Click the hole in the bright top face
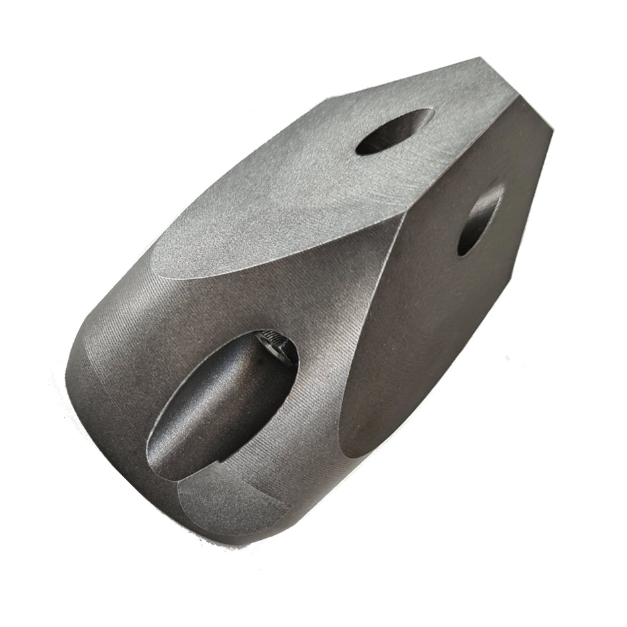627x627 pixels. tap(394, 131)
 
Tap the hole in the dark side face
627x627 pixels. tap(480, 219)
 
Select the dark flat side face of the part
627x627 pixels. tap(436, 297)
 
